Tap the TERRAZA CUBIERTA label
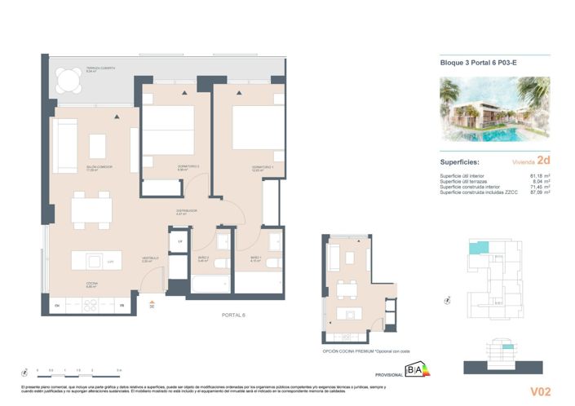click(103, 68)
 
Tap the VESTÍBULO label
click(150, 258)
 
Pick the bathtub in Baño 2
click(211, 284)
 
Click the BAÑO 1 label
click(255, 258)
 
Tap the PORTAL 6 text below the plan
click(233, 314)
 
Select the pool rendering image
click(494, 109)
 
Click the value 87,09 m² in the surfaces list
click(541, 192)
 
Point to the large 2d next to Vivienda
click(543, 161)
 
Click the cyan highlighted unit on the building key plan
click(482, 247)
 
